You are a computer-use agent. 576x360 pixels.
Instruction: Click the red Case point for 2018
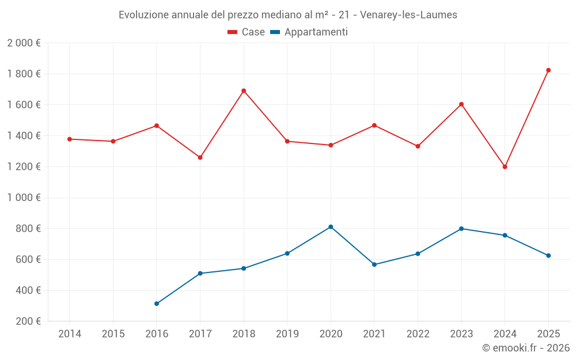244,91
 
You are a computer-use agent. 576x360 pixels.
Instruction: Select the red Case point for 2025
548,70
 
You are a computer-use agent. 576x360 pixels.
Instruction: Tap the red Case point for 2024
505,167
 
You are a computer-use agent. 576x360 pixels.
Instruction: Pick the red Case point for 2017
200,158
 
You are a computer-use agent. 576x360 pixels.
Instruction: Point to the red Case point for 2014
70,139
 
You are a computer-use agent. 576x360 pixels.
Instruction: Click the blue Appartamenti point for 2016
157,304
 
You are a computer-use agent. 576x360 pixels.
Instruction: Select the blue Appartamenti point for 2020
331,227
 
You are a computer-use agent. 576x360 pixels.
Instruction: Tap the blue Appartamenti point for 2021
374,264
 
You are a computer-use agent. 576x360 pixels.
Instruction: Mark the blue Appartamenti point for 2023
461,229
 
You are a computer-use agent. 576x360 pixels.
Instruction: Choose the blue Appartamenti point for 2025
548,256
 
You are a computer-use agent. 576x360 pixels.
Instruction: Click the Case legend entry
246,32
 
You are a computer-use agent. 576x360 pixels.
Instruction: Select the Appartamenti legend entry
309,32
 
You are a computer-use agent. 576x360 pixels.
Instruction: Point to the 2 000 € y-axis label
24,43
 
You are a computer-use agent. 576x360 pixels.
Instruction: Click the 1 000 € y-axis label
24,198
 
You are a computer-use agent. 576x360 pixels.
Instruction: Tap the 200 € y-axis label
28,321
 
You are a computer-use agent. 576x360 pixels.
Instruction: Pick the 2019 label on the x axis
287,334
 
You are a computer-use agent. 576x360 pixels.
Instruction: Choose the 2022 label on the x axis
418,334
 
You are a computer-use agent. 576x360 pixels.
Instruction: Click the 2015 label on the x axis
113,334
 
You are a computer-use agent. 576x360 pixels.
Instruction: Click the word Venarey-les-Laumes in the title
408,15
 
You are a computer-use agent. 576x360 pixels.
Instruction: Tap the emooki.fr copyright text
526,348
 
